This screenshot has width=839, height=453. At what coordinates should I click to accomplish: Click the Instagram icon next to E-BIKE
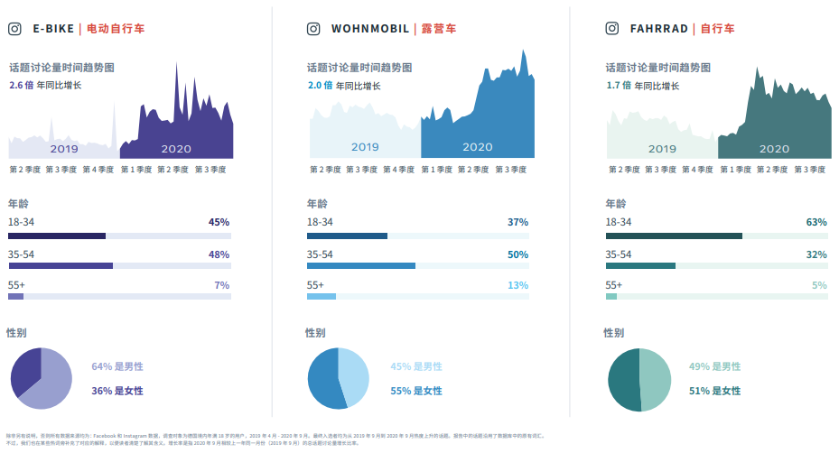(x=14, y=28)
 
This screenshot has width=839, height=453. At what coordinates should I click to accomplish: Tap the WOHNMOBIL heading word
(x=370, y=29)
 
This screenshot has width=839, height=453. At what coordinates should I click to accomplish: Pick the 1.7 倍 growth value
(x=619, y=86)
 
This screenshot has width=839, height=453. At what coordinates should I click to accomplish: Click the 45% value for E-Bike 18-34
(x=219, y=222)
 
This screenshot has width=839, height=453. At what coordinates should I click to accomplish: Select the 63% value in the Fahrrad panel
(x=816, y=222)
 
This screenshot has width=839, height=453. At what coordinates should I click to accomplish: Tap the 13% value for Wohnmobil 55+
(x=517, y=285)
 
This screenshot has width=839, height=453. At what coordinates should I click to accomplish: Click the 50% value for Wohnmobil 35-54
(x=517, y=254)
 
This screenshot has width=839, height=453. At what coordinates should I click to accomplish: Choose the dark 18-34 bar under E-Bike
(x=57, y=236)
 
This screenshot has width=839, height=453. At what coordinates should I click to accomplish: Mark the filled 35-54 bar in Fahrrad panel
(x=640, y=265)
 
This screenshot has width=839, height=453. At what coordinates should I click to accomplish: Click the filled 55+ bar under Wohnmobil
(x=322, y=296)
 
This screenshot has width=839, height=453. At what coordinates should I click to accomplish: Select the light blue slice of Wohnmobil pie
(x=354, y=374)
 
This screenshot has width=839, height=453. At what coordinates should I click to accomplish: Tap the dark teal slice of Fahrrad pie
(x=623, y=379)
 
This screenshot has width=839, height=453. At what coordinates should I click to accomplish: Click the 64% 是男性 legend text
(x=117, y=366)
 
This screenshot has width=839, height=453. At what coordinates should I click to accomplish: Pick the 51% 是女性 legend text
(x=713, y=391)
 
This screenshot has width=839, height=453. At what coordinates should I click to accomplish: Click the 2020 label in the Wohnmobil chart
(x=477, y=147)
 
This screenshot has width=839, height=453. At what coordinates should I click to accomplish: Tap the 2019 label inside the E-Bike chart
(x=64, y=149)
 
